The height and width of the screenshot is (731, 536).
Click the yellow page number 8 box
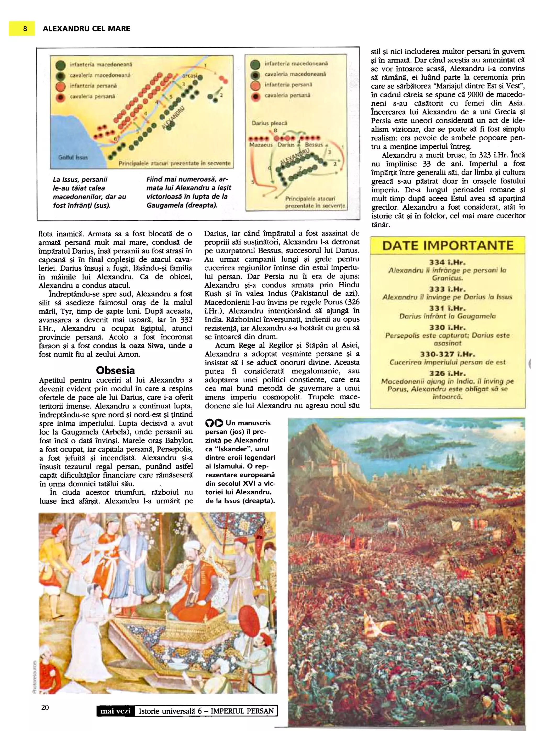coord(22,29)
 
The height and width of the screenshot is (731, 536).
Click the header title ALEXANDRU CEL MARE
coord(86,29)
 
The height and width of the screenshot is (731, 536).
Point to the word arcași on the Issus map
coord(189,76)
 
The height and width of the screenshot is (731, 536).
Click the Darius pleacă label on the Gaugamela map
coord(269,123)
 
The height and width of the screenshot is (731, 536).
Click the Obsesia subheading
coord(115,370)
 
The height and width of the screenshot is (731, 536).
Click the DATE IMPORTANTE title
coord(448,245)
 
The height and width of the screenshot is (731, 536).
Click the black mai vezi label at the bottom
coord(115,711)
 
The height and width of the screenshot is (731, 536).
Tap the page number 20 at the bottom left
coord(45,707)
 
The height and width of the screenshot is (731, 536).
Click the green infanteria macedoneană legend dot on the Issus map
coord(61,65)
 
